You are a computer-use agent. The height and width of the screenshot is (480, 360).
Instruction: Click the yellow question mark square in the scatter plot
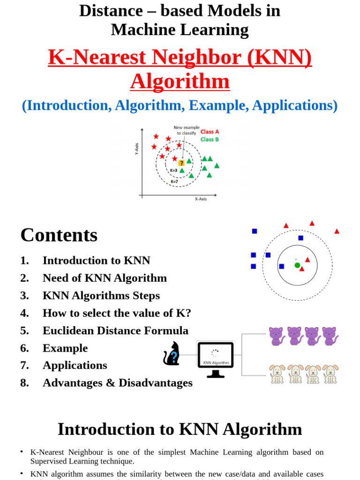coord(181,163)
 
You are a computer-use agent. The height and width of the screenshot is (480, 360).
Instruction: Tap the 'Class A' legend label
coord(210,132)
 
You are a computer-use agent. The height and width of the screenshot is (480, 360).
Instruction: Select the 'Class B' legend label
coord(210,139)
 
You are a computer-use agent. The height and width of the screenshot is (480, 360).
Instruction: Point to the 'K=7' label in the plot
coord(174,181)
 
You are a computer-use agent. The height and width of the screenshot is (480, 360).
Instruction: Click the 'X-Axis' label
coord(201,199)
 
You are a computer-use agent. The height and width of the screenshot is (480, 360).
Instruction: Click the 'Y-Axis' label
coord(137,149)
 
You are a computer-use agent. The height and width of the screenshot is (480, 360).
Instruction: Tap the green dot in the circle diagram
coord(297,265)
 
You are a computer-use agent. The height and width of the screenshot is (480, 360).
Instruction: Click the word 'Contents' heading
coord(59,235)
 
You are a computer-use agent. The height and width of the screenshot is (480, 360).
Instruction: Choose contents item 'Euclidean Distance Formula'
coord(115,330)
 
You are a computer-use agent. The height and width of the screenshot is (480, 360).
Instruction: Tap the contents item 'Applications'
coord(75,365)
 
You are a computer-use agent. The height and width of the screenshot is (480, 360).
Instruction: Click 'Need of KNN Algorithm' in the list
coord(105,278)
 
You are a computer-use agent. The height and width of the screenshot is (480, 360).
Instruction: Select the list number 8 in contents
coord(24,383)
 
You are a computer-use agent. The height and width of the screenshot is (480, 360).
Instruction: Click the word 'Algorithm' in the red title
coord(180,82)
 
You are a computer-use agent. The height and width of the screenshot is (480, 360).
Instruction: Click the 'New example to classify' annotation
coord(187,130)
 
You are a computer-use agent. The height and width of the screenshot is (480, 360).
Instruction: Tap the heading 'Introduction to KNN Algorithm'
coord(180,429)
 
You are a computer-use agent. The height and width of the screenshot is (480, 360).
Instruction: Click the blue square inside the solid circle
coord(282,266)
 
